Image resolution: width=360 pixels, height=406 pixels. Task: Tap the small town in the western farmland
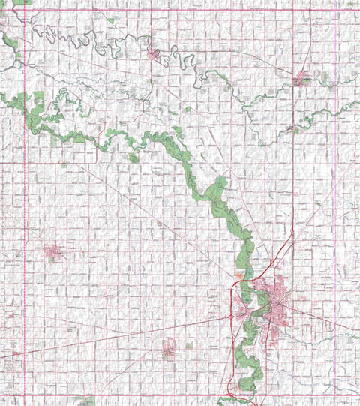(52, 252)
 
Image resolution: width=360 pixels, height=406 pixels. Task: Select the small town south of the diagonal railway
(169, 347)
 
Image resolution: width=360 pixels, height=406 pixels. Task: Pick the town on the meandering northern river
(154, 53)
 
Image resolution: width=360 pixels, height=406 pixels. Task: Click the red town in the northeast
(302, 77)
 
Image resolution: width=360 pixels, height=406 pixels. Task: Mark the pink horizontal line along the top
(180, 10)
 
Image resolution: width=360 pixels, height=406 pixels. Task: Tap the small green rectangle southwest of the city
(189, 345)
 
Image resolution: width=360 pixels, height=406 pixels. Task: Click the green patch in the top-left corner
(22, 2)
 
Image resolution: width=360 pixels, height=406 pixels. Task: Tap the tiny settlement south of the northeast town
(292, 128)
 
